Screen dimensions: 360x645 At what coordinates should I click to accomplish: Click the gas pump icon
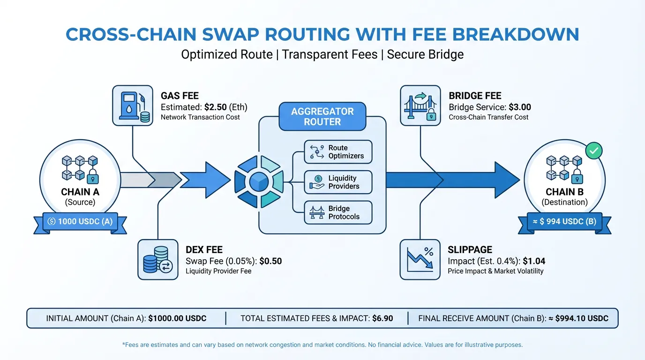pos(133,105)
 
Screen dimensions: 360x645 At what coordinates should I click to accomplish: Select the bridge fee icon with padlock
pos(420,105)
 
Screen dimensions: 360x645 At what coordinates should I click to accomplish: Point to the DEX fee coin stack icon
pos(158,260)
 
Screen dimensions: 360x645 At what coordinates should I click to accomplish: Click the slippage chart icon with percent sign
pos(420,260)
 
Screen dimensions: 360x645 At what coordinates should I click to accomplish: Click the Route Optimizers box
pos(338,152)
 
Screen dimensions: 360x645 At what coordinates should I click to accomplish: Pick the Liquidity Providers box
pos(338,182)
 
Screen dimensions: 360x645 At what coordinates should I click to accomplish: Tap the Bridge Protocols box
pos(338,213)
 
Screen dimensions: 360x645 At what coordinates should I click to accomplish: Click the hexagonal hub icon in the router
pos(258,182)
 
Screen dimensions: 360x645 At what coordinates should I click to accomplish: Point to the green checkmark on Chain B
pos(594,150)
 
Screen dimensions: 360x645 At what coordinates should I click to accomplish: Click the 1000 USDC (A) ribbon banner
pos(80,221)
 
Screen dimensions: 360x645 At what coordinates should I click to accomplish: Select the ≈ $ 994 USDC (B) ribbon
pos(564,221)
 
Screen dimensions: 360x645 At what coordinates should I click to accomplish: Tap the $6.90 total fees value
pos(382,318)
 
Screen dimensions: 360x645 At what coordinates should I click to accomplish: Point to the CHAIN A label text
pos(80,192)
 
